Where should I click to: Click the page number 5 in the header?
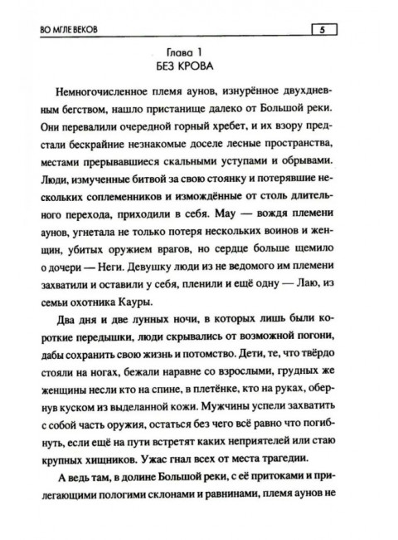pyautogui.click(x=322, y=32)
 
